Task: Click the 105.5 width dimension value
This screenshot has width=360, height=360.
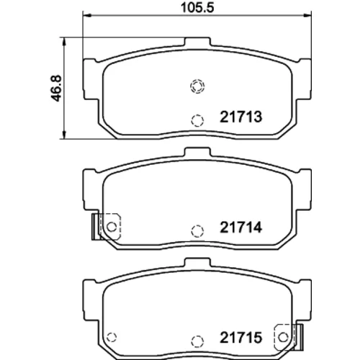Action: click(x=197, y=8)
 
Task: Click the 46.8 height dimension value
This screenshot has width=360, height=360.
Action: click(x=57, y=89)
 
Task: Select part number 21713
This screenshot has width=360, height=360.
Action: click(x=241, y=117)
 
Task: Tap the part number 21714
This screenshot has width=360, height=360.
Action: click(x=241, y=228)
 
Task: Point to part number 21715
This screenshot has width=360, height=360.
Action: click(x=241, y=338)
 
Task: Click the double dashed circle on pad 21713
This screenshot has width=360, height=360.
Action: click(x=197, y=86)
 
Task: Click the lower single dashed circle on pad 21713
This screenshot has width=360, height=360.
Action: click(x=197, y=120)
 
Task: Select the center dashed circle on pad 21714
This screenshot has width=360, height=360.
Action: click(x=197, y=231)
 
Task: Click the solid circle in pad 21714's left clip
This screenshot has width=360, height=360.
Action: click(x=112, y=227)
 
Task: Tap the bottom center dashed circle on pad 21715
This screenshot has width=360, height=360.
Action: click(x=197, y=341)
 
